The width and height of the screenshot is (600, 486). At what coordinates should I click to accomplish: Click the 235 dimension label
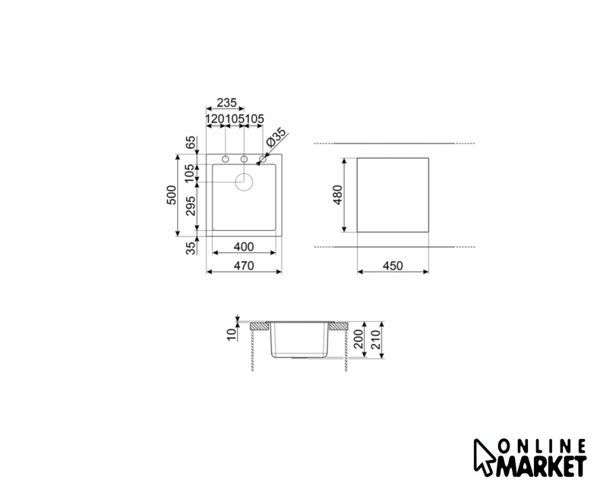(x=227, y=103)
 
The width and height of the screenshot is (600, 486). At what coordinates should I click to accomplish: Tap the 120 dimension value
(x=216, y=119)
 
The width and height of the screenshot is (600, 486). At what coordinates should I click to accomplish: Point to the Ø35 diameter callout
(x=276, y=137)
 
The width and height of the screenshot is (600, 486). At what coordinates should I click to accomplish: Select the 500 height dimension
(x=172, y=195)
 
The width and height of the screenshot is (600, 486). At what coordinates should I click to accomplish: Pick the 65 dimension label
(x=191, y=143)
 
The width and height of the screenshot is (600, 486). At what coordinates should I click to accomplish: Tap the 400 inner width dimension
(x=244, y=247)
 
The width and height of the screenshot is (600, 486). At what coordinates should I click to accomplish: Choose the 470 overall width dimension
(x=244, y=266)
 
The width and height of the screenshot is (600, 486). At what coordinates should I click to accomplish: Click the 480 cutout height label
(x=337, y=195)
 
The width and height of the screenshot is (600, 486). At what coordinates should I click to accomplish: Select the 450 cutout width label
(x=393, y=266)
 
